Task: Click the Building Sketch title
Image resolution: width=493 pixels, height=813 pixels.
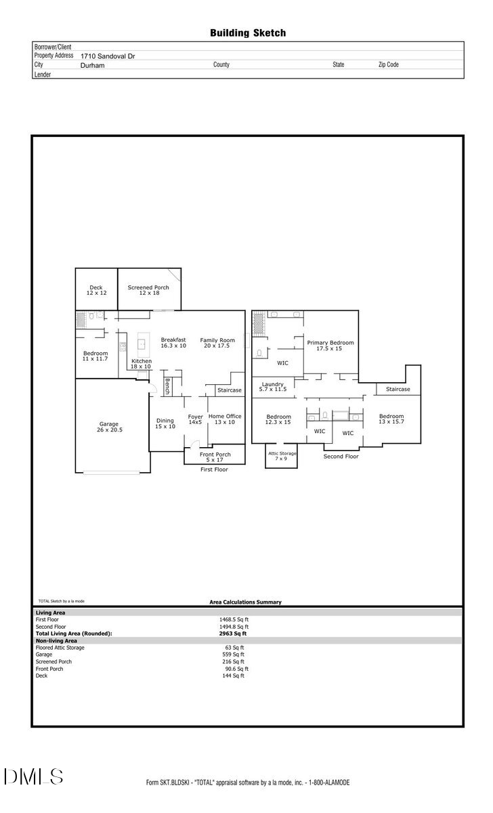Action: click(x=248, y=33)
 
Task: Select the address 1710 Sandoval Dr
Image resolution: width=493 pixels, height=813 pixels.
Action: click(x=108, y=56)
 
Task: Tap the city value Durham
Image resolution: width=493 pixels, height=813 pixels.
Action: click(x=93, y=65)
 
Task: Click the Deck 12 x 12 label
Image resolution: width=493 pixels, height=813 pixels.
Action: click(x=96, y=290)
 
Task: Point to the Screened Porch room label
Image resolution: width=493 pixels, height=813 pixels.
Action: click(x=148, y=290)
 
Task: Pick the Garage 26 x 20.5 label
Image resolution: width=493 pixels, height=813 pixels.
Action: click(x=109, y=427)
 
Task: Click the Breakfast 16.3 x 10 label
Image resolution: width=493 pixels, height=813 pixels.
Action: click(x=173, y=343)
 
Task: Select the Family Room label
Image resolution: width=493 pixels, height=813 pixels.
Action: click(x=217, y=343)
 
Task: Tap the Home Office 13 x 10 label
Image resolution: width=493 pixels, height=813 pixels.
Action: click(x=225, y=419)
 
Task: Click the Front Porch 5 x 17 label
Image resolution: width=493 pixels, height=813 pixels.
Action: click(x=215, y=457)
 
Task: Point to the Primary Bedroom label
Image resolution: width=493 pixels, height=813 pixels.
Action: click(x=330, y=346)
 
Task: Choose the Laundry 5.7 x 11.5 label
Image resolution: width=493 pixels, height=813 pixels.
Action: click(x=273, y=387)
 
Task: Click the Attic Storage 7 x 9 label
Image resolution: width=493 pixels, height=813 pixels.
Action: click(x=282, y=456)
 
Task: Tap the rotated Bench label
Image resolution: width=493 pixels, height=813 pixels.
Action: click(x=167, y=387)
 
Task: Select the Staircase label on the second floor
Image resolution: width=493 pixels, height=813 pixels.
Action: click(x=398, y=389)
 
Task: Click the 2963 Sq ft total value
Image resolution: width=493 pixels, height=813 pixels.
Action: click(x=232, y=633)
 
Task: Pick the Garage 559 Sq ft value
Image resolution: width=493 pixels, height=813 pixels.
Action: click(x=233, y=654)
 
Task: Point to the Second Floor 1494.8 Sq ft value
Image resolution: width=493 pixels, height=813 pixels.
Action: click(x=234, y=627)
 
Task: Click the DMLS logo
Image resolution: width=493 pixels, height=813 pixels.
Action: click(x=34, y=776)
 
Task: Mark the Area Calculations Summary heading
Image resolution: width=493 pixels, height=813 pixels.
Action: click(x=246, y=602)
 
